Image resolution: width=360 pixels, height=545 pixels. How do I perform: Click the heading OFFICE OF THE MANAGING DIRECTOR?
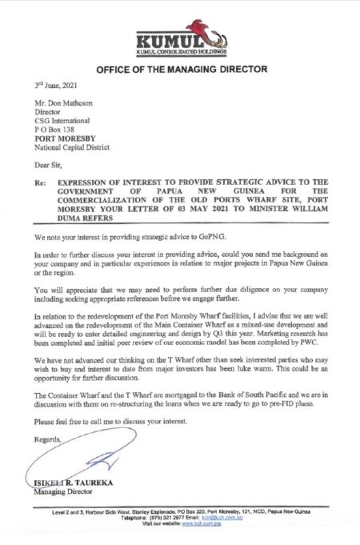coord(180,70)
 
